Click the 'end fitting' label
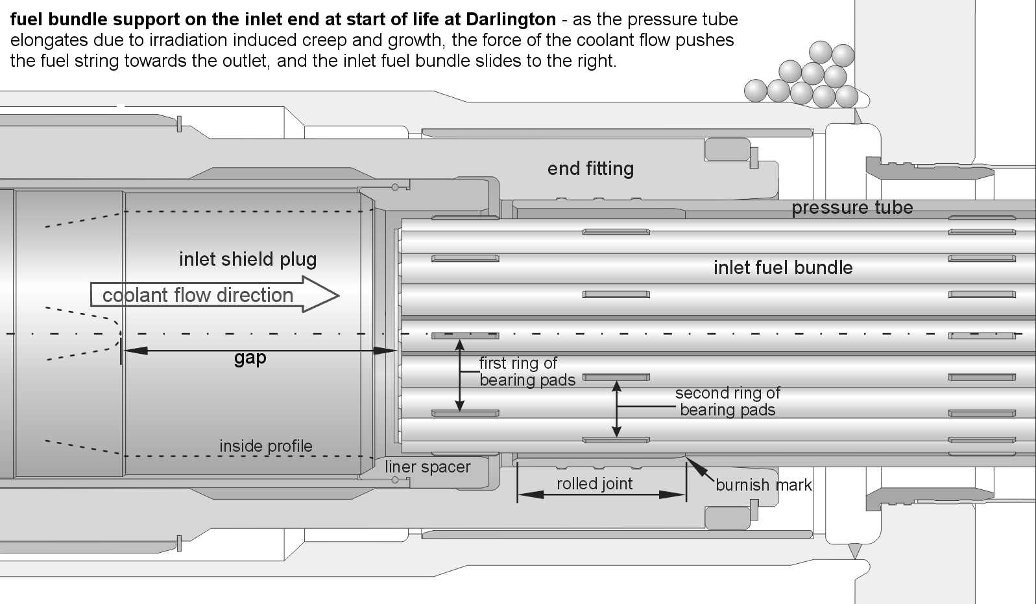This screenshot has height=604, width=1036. pos(590,169)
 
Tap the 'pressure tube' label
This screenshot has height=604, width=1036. pos(852,208)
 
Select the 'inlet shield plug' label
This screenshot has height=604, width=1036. pos(248,260)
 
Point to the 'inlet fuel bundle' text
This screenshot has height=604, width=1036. pos(783,268)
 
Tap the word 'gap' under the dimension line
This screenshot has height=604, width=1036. pos(250,358)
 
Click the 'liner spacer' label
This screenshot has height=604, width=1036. pos(428,467)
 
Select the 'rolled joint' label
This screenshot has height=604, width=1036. pos(594,484)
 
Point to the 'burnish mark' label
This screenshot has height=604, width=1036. pos(764,485)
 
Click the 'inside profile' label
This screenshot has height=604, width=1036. pos(265,446)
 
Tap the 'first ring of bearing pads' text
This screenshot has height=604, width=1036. pos(527,371)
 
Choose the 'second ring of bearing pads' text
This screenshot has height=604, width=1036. pos(727,401)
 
